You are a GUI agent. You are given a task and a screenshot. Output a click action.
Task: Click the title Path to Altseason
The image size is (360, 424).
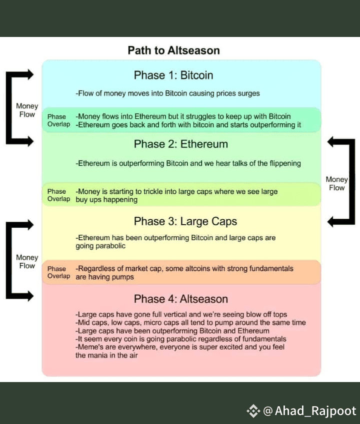(x=173, y=50)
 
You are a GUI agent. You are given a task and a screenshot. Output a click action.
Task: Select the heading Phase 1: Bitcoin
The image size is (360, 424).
(x=173, y=75)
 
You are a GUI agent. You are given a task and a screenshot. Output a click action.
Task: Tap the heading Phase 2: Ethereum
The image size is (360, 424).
(x=181, y=144)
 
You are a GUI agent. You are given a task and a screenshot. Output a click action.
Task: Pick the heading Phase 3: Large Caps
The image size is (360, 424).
(x=185, y=221)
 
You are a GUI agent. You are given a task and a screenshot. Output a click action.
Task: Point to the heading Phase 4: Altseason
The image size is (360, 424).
(x=181, y=299)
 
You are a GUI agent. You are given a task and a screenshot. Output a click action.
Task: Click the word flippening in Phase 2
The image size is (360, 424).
(x=285, y=164)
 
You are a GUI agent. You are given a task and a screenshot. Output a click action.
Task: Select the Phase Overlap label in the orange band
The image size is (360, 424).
(x=58, y=272)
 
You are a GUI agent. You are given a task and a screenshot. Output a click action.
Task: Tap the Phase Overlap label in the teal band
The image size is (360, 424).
(x=58, y=120)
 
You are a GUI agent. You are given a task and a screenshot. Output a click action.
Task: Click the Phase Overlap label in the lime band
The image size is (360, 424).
(x=58, y=195)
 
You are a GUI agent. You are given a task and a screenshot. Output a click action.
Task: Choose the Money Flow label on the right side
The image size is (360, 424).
(x=336, y=184)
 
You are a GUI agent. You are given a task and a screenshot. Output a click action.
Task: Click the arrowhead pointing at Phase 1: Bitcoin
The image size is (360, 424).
(x=29, y=74)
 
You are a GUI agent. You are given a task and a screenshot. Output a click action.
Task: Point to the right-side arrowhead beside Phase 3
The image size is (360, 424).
(x=332, y=222)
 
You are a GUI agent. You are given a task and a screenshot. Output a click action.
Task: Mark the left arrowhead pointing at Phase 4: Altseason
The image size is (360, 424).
(x=29, y=296)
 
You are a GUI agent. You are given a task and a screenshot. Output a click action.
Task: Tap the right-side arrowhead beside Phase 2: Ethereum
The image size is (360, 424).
(x=332, y=142)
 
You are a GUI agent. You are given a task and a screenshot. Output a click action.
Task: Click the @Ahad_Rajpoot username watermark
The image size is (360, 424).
(x=309, y=411)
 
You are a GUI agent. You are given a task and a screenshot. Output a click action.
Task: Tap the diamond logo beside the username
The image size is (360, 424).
(x=253, y=411)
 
